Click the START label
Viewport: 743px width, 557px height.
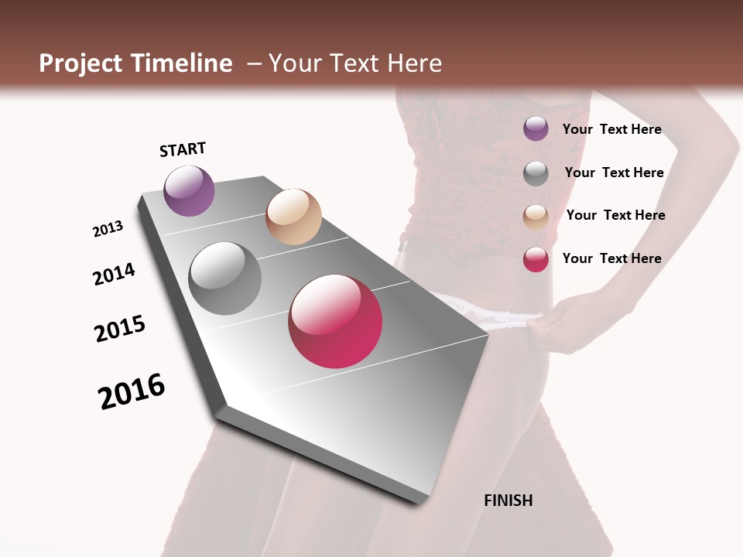(x=183, y=149)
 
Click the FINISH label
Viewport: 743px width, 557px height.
(x=508, y=501)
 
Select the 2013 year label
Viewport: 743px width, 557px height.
(x=108, y=229)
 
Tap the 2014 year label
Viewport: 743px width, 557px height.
(x=114, y=274)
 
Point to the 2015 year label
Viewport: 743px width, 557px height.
(x=120, y=328)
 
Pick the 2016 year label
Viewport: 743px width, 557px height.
(x=132, y=391)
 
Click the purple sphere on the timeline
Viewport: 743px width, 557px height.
(x=189, y=190)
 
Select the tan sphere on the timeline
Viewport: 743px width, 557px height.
(x=293, y=217)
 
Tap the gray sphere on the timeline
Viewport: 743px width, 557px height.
(x=225, y=278)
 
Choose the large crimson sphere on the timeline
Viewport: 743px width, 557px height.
(x=335, y=321)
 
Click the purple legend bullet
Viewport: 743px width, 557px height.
(x=536, y=128)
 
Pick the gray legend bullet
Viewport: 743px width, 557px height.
(x=536, y=173)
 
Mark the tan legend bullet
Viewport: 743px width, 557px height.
(x=536, y=217)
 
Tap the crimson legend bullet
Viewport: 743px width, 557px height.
(x=536, y=259)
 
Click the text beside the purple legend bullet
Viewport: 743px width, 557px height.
(x=611, y=129)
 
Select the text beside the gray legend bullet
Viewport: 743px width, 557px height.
(x=614, y=173)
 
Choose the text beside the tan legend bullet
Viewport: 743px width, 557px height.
(x=615, y=215)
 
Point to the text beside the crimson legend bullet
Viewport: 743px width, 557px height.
(x=611, y=258)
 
